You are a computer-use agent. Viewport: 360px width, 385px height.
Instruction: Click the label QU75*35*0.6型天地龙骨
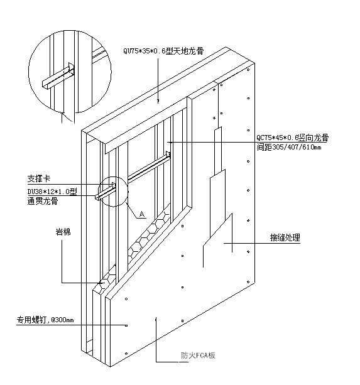tap(163, 52)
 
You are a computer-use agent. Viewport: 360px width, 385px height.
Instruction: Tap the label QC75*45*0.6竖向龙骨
tap(293, 138)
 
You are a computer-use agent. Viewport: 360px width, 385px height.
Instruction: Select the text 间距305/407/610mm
tap(289, 148)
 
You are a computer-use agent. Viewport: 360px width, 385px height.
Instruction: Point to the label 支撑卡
tap(39, 178)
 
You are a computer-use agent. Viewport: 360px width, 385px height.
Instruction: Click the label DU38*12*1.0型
tap(52, 192)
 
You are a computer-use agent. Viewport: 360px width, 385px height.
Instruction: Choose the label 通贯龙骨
tap(43, 201)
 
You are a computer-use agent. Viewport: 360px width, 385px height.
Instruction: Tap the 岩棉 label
tap(63, 232)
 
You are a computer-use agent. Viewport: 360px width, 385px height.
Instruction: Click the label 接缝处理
tap(285, 237)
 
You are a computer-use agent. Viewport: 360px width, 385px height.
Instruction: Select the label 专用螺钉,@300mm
tap(45, 320)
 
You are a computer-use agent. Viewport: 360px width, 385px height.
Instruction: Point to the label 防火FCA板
tap(198, 355)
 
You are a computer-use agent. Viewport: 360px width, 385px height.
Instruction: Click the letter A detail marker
tap(142, 214)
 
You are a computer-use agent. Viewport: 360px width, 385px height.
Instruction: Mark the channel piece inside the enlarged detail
tap(58, 76)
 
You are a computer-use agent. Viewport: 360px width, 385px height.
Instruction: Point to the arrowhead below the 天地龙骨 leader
tap(158, 100)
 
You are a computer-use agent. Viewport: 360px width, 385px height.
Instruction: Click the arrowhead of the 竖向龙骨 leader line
tap(170, 142)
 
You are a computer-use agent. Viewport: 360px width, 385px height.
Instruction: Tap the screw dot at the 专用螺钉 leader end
tap(126, 325)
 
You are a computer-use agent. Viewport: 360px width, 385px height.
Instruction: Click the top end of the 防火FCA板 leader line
tap(156, 318)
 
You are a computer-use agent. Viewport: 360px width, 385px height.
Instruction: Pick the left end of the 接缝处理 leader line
tap(224, 243)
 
